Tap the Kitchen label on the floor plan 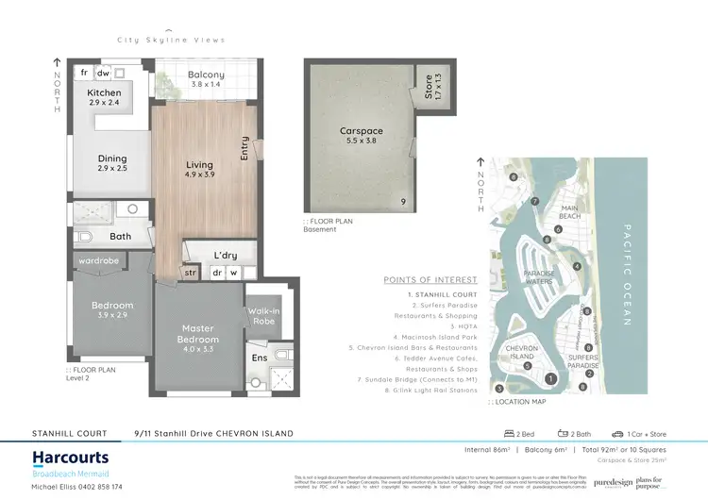coord(104,92)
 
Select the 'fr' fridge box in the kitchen coord(84,73)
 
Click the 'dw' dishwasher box coord(104,73)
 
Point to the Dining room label coord(111,159)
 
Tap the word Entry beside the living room coord(244,148)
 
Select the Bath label coord(120,237)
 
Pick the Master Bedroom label coord(199,334)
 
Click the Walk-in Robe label coord(261,316)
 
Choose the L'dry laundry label coord(225,256)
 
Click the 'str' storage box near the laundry coord(190,274)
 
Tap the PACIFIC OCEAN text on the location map coord(625,275)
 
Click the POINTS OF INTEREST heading coord(430,280)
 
